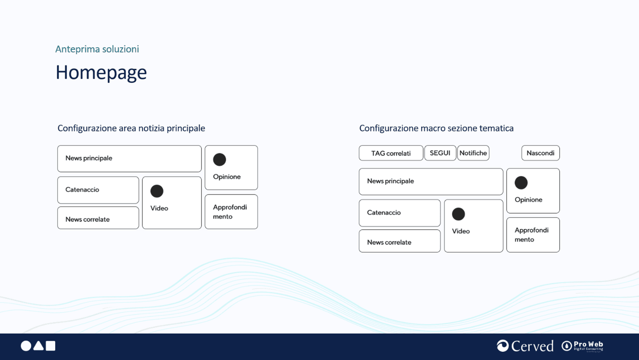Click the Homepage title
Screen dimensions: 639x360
tap(101, 73)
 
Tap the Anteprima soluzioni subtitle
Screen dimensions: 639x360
tap(97, 49)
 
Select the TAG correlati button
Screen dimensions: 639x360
tap(391, 153)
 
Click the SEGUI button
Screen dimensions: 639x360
tap(440, 153)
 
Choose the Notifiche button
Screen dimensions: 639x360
tap(473, 153)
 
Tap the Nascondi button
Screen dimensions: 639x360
tap(540, 153)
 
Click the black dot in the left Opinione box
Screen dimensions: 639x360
tap(219, 159)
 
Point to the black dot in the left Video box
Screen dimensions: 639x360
tap(157, 191)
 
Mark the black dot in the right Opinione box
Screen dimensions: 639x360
tap(521, 182)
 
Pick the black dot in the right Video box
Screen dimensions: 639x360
tap(458, 214)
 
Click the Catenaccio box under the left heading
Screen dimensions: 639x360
tap(98, 190)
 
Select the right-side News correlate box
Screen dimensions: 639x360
tap(400, 241)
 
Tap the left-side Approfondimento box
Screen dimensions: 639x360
tap(231, 211)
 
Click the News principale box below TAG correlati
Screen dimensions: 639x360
tap(431, 182)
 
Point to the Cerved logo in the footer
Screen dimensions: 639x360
tap(525, 346)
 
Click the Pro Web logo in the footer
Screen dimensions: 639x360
tap(582, 346)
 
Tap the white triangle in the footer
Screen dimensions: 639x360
tap(38, 346)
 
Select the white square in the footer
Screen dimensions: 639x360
tap(50, 346)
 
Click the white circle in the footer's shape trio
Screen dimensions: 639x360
tap(26, 346)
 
